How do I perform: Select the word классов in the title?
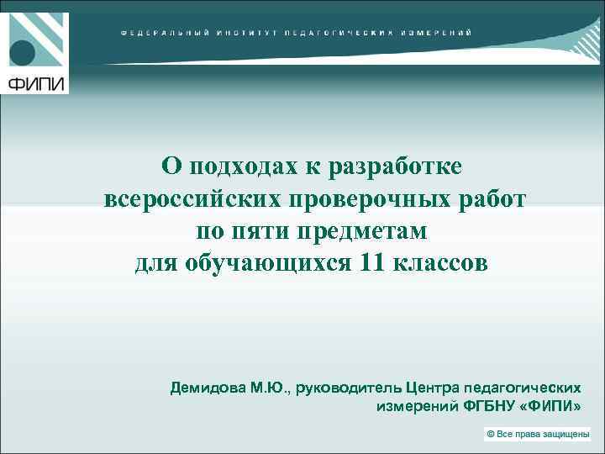click(439, 264)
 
